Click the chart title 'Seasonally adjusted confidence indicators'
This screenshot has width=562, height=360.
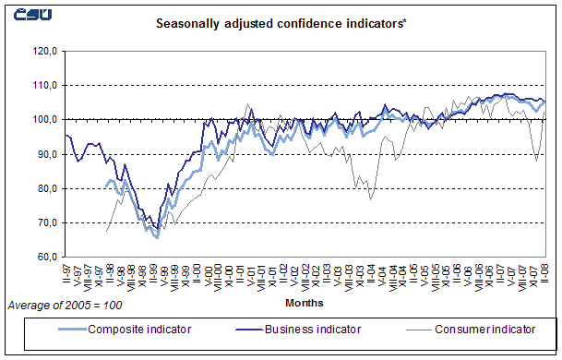tap(281, 21)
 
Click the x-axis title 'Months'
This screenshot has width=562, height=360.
tap(305, 302)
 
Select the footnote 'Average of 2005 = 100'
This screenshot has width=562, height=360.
tap(65, 305)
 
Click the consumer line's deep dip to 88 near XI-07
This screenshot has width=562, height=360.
tap(537, 161)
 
